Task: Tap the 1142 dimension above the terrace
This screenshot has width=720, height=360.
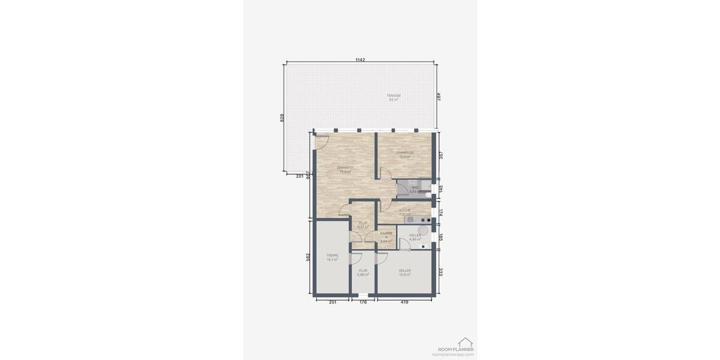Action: tap(360, 60)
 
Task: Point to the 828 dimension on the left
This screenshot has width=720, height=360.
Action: tap(282, 118)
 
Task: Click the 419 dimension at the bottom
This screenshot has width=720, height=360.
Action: tap(404, 302)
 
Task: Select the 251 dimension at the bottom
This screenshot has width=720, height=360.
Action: tap(332, 302)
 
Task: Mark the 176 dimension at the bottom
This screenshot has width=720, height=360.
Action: tap(363, 302)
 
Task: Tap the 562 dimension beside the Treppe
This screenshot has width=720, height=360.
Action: tap(308, 257)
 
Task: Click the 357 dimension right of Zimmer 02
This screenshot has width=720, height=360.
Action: tap(441, 155)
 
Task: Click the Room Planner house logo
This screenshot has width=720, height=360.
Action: tap(465, 342)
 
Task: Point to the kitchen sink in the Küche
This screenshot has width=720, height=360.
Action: tap(410, 220)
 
